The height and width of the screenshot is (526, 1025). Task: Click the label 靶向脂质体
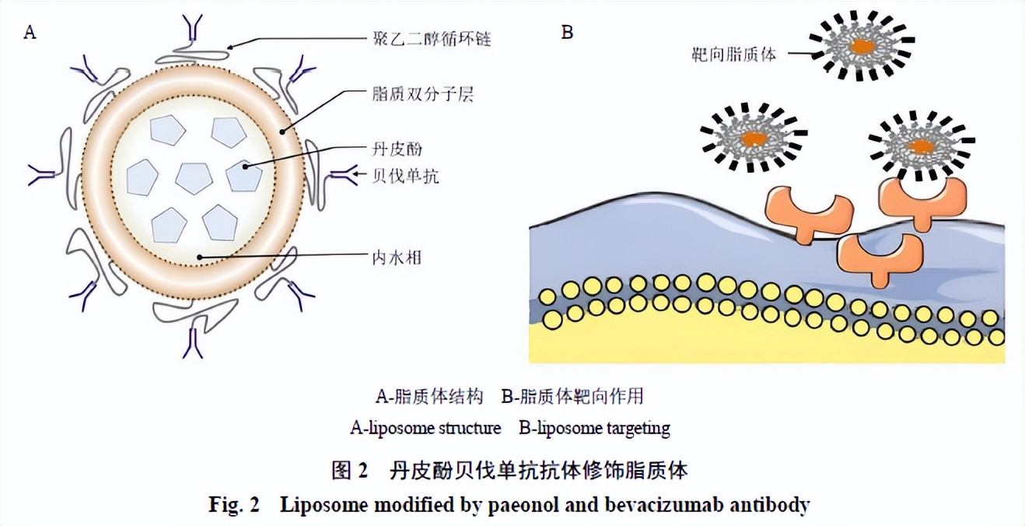tap(733, 54)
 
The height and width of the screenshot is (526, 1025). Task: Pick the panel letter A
tap(30, 32)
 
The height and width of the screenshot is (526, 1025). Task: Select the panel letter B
tap(567, 32)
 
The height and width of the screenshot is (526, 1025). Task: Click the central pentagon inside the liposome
tap(194, 177)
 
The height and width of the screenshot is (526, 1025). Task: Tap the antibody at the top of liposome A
tap(192, 30)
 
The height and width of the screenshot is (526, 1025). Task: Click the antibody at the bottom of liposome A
tap(192, 343)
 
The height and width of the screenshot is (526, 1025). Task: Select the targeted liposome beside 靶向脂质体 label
tap(861, 45)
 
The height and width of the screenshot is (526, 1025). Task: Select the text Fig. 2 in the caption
tap(233, 505)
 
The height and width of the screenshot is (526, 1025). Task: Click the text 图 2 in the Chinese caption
tap(349, 470)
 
